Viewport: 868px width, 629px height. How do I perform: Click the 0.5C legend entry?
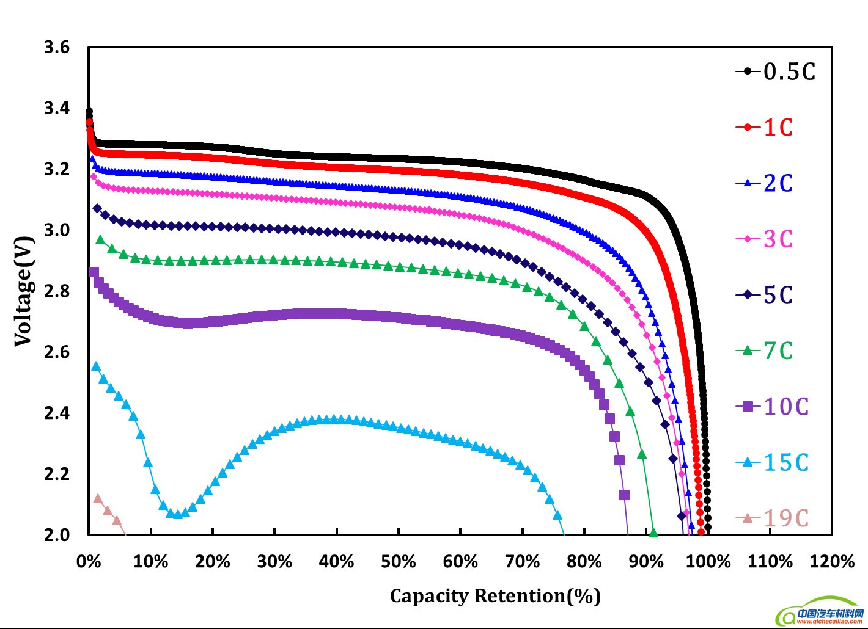pyautogui.click(x=775, y=71)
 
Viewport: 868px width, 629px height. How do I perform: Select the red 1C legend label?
pyautogui.click(x=764, y=127)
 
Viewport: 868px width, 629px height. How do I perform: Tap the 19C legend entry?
pyautogui.click(x=772, y=518)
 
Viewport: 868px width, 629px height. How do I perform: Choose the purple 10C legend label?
pyautogui.click(x=772, y=407)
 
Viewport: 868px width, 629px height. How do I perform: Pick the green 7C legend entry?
pyautogui.click(x=764, y=351)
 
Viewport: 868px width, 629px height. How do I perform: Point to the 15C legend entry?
pyautogui.click(x=772, y=462)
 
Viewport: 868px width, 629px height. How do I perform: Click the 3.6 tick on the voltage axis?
pyautogui.click(x=57, y=47)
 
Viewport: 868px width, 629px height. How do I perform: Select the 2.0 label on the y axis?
pyautogui.click(x=57, y=535)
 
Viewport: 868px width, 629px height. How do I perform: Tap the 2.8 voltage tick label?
pyautogui.click(x=57, y=291)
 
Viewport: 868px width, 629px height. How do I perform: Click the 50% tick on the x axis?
pyautogui.click(x=399, y=562)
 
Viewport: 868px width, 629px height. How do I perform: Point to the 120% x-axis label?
pyautogui.click(x=832, y=562)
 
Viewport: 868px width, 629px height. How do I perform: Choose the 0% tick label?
pyautogui.click(x=89, y=562)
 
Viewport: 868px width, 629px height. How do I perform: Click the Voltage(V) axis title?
pyautogui.click(x=23, y=291)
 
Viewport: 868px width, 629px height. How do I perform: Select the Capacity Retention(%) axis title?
pyautogui.click(x=495, y=596)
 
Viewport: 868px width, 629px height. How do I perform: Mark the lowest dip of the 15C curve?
pyautogui.click(x=178, y=514)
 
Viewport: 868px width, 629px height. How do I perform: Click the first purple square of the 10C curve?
pyautogui.click(x=94, y=272)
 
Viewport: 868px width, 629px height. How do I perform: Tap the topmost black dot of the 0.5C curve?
pyautogui.click(x=89, y=112)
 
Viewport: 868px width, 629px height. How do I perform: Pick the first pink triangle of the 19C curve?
pyautogui.click(x=98, y=498)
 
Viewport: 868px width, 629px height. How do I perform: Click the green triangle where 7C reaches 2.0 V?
pyautogui.click(x=653, y=533)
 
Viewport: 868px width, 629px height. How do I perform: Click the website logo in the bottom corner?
pyautogui.click(x=819, y=615)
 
